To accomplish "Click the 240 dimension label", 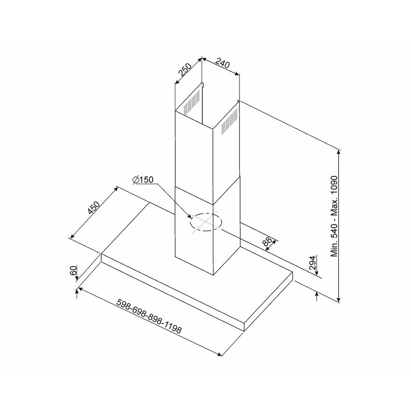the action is tap(222, 64).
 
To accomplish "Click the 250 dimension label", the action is tap(185, 70).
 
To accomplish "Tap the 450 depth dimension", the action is tap(93, 208).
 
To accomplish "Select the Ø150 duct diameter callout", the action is tap(143, 180).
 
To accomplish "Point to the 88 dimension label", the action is tap(266, 241).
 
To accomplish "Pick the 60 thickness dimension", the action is tap(73, 270).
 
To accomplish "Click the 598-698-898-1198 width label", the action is tap(148, 316).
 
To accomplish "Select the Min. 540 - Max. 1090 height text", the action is tap(334, 216).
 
